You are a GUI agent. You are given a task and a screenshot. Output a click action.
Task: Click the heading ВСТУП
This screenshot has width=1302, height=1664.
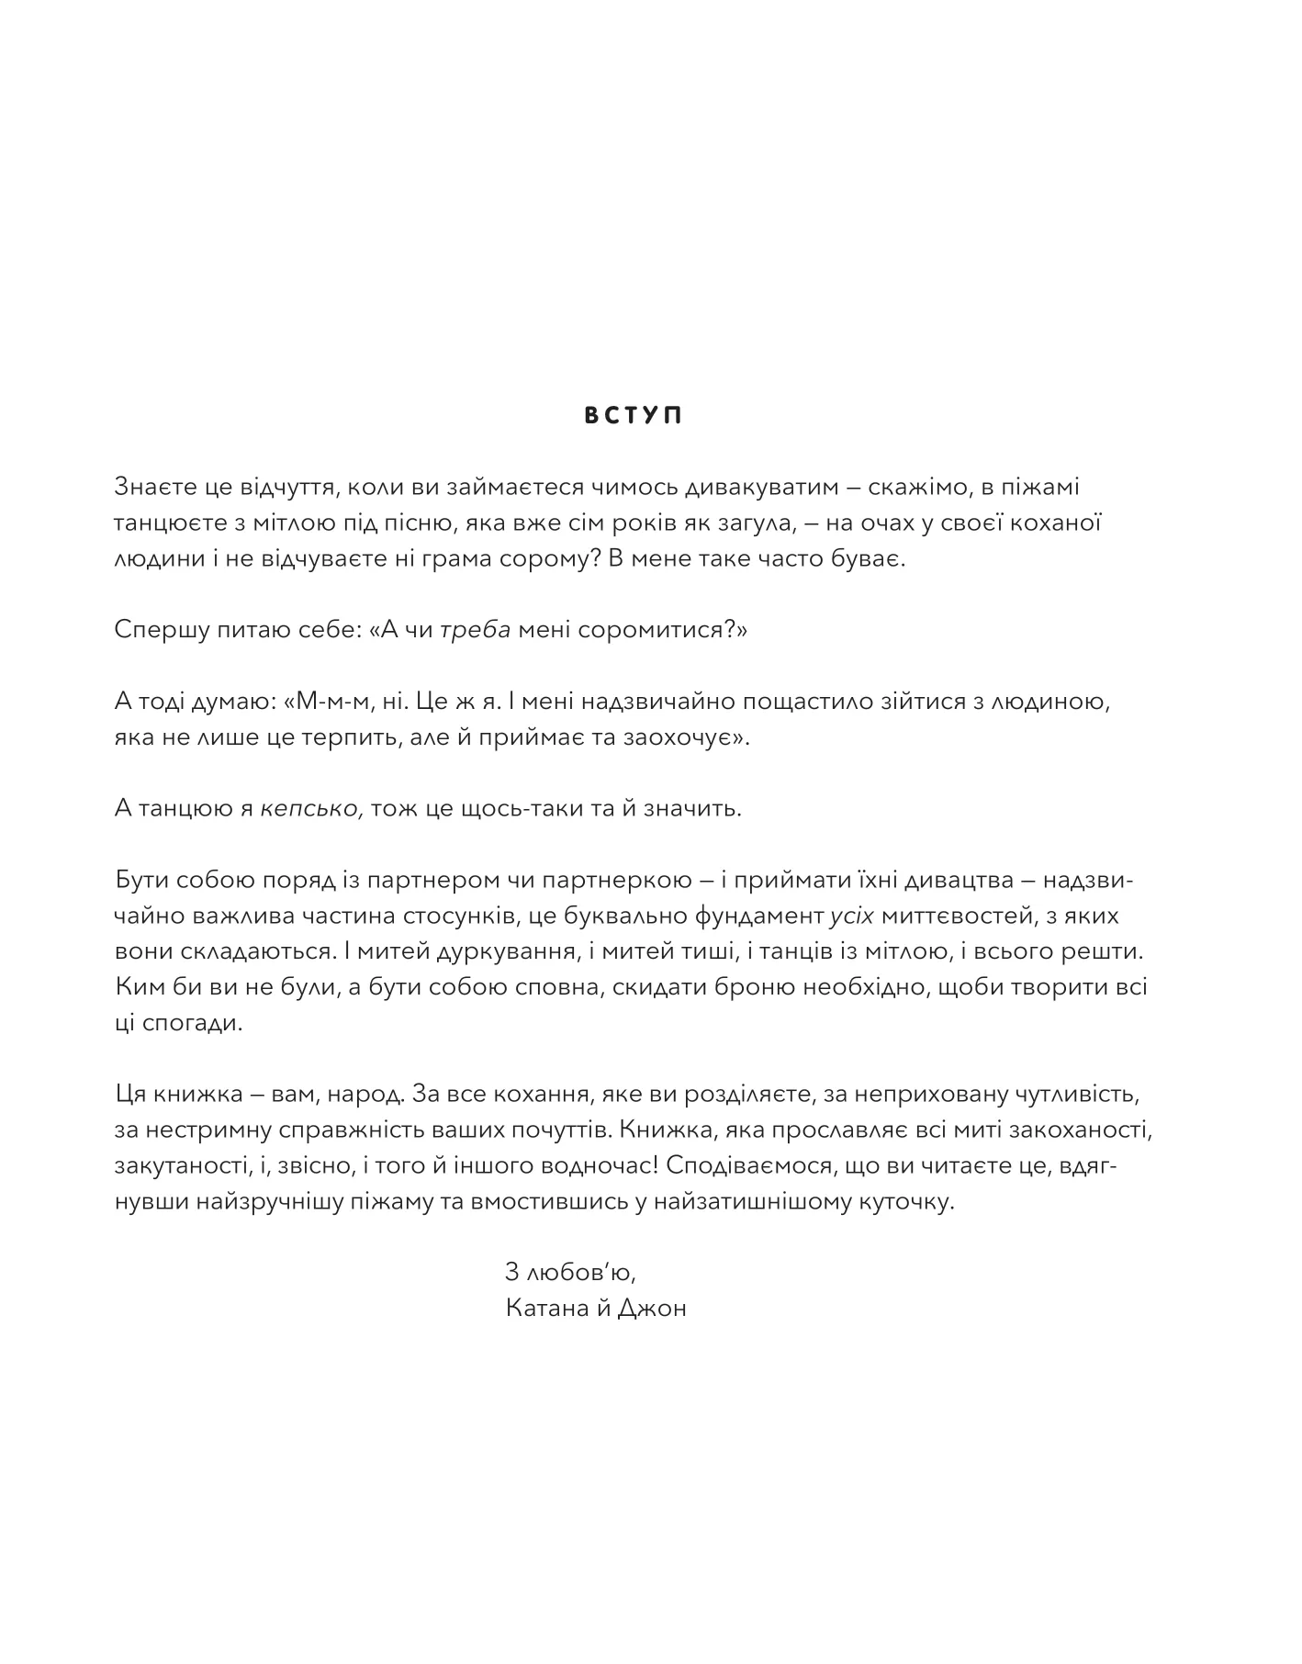634,416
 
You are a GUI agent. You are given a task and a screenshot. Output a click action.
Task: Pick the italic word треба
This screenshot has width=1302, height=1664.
475,630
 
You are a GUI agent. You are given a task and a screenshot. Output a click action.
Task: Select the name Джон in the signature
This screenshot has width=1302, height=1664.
652,1309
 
